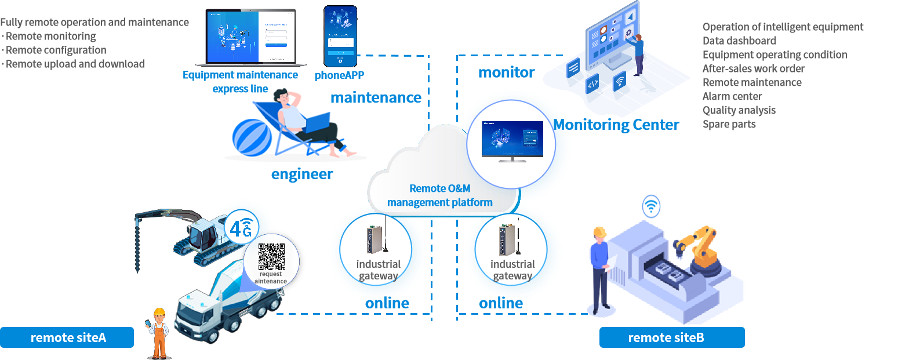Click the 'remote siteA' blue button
click(67, 337)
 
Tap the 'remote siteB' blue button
click(671, 337)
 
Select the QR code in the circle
click(271, 257)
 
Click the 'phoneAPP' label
click(340, 75)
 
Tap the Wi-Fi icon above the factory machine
click(651, 205)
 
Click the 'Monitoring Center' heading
click(616, 125)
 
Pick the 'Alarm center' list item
click(732, 96)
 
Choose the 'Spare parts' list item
click(729, 124)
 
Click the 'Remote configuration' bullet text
click(56, 50)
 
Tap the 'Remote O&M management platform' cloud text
click(440, 195)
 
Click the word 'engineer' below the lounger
click(302, 174)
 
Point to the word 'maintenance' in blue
click(376, 98)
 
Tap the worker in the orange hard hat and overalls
click(158, 333)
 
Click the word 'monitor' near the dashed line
click(506, 73)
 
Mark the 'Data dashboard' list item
click(739, 41)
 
